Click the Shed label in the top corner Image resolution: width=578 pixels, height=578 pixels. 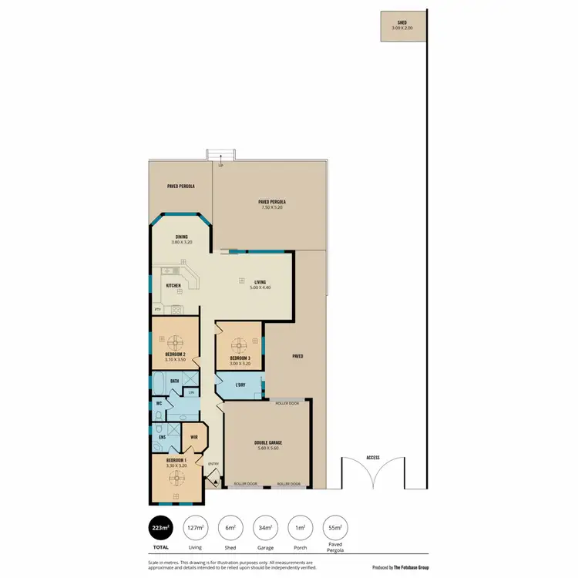(x=402, y=24)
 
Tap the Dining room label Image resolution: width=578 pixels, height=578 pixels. (x=182, y=237)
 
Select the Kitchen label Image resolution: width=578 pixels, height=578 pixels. (x=174, y=286)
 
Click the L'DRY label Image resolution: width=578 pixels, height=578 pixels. (x=240, y=385)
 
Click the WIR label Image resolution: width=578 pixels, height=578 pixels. (x=194, y=438)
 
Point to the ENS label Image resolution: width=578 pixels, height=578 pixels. (x=163, y=438)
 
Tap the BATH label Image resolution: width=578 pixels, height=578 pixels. (x=175, y=381)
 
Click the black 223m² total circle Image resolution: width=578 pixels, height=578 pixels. (x=162, y=527)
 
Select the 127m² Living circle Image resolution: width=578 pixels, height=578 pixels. (x=196, y=527)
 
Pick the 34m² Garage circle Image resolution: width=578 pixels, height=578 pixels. (x=266, y=527)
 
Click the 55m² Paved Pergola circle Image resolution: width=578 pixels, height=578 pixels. (x=335, y=527)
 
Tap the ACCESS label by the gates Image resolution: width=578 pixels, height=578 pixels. (x=373, y=458)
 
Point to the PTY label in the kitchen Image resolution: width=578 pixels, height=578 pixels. (x=158, y=310)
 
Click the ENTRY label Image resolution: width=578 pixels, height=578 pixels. (x=213, y=464)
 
